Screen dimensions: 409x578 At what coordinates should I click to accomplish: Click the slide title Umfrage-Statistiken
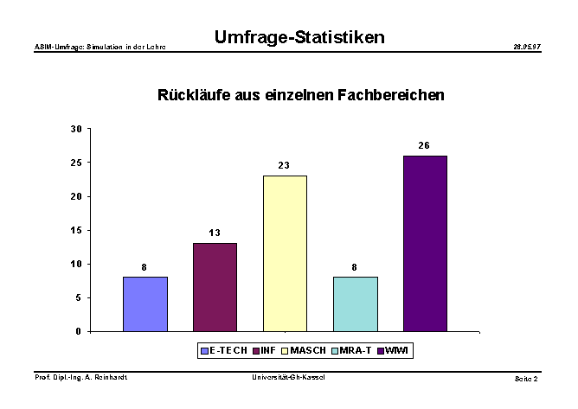coord(299,37)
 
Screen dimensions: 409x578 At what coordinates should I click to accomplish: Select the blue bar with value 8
coord(145,304)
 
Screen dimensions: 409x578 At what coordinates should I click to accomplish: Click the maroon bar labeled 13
coord(215,287)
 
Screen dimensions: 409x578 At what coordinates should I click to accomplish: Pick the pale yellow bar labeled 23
coord(285,253)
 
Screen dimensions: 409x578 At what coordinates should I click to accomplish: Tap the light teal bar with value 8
coord(355,304)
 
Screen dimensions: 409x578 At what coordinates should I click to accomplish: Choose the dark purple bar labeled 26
coord(425,243)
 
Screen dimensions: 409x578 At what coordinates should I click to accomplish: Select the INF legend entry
coord(266,350)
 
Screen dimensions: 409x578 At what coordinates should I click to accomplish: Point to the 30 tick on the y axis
coord(76,129)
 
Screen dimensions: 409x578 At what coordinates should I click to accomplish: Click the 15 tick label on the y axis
coord(76,230)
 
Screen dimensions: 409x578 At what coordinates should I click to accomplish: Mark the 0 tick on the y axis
coord(79,331)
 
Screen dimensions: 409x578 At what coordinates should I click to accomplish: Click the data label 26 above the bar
coord(424,145)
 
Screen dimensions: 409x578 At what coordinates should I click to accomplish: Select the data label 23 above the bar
coord(284,165)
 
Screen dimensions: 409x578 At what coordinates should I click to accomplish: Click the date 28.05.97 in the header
coord(527,46)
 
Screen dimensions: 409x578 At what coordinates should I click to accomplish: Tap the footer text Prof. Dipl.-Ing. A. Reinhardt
coord(80,378)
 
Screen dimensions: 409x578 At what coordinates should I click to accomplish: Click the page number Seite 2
coord(526,379)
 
